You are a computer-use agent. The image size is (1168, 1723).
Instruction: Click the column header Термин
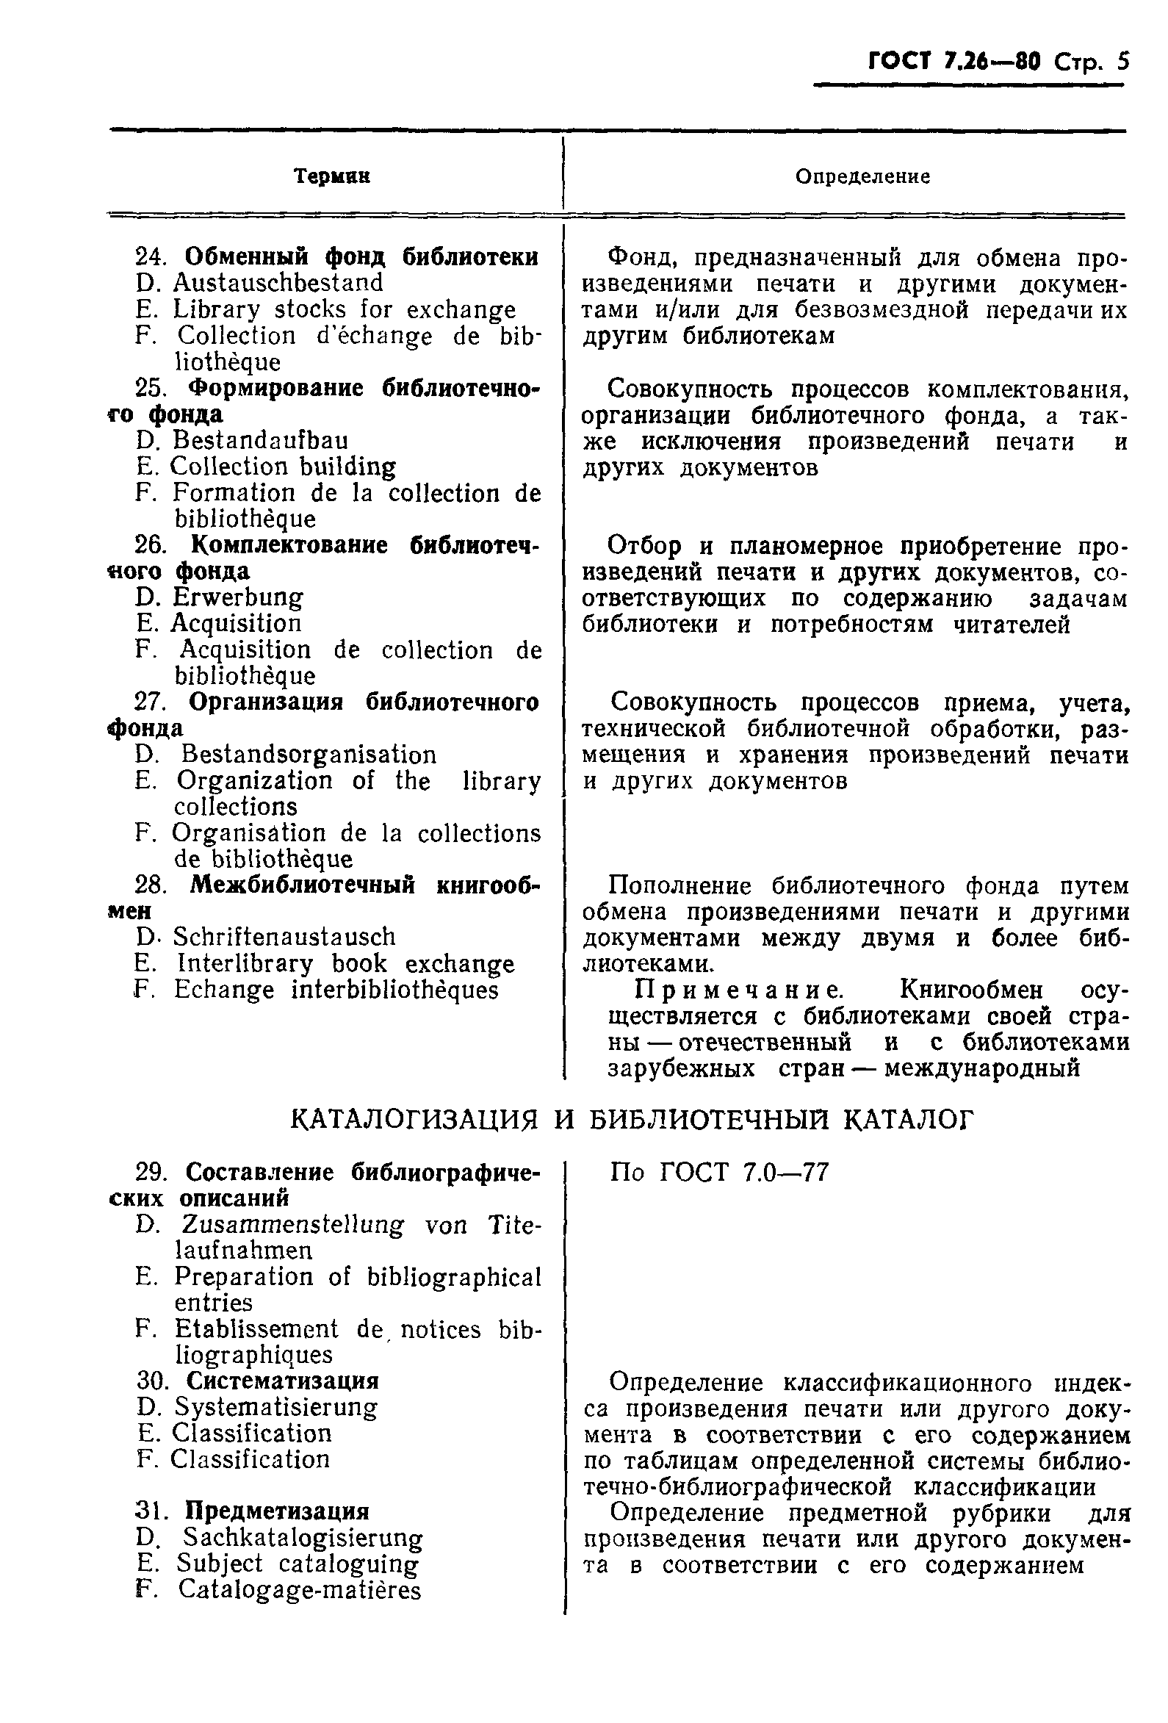331,176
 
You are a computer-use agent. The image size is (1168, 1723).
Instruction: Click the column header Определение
862,176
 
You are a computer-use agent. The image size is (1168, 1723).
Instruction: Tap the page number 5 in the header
1122,60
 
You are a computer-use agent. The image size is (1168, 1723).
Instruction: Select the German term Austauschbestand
278,282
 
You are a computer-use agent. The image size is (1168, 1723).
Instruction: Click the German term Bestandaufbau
260,440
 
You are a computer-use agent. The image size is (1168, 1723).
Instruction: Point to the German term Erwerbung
238,597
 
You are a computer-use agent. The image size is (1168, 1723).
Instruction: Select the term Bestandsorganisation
309,755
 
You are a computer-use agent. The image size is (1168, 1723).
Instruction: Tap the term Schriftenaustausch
284,937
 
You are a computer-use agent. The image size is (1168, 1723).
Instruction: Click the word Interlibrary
245,964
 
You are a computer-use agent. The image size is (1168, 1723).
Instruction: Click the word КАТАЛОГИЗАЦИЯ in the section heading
414,1120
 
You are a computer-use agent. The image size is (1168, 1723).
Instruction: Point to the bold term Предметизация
276,1511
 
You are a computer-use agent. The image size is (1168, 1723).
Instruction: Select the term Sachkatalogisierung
303,1538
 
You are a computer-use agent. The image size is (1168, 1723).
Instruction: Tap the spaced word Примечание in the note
738,990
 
